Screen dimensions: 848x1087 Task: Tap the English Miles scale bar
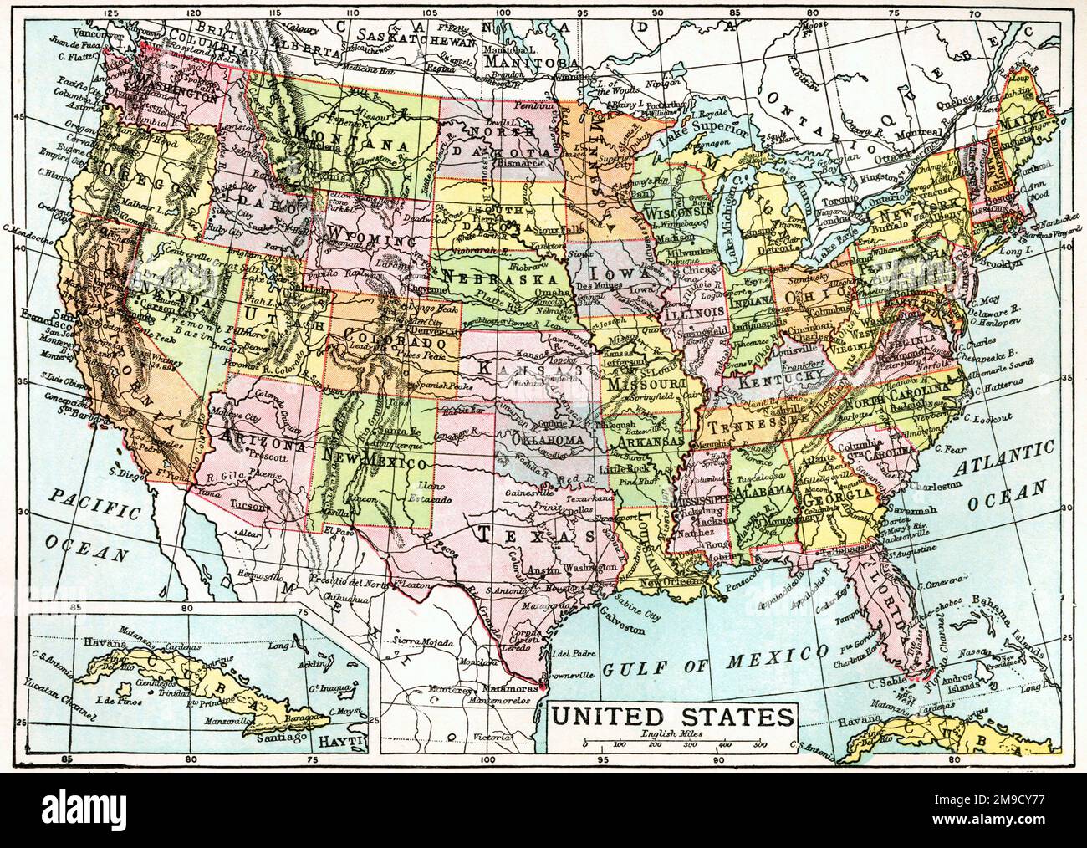(x=672, y=743)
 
